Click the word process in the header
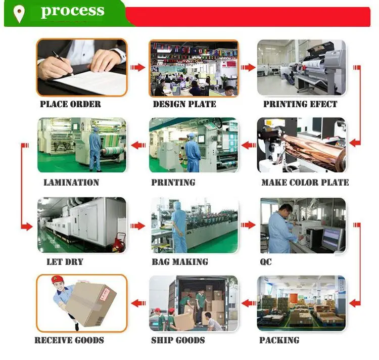click(72, 12)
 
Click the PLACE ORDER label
click(70, 104)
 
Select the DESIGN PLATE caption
click(184, 104)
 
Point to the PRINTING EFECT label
click(300, 104)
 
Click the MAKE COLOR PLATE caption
click(305, 182)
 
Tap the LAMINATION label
click(71, 182)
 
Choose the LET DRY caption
click(65, 261)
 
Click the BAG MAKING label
click(180, 261)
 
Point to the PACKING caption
click(279, 340)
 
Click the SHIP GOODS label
click(178, 340)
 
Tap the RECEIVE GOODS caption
click(69, 340)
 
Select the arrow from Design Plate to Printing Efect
click(248, 67)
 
